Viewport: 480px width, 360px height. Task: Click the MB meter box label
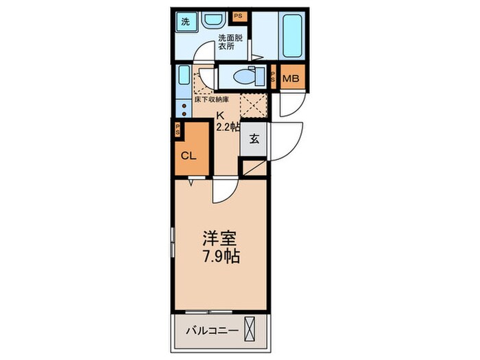click(291, 79)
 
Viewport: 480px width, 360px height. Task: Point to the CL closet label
click(189, 156)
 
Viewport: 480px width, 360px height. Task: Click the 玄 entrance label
click(253, 139)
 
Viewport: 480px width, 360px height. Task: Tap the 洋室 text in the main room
click(219, 240)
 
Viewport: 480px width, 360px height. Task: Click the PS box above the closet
click(178, 129)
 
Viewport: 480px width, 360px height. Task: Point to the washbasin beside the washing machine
click(210, 21)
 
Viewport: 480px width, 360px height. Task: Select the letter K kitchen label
click(220, 115)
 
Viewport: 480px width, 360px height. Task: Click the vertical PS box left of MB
click(274, 78)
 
